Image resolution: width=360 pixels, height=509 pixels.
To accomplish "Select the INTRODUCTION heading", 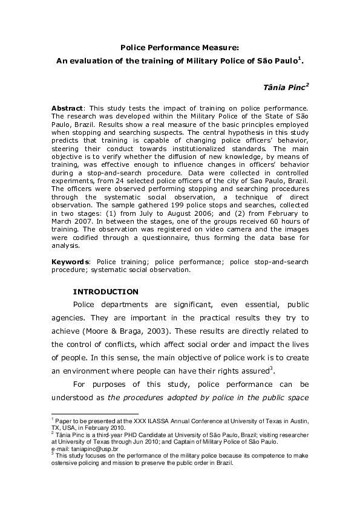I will pyautogui.click(x=105, y=291).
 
